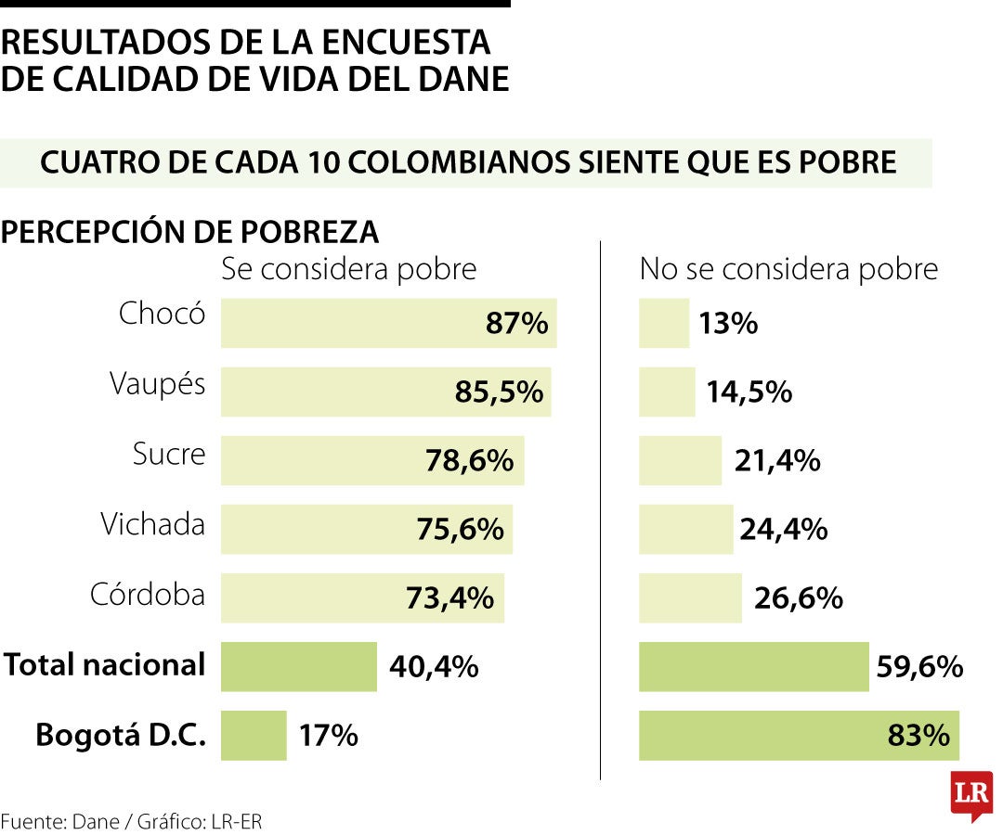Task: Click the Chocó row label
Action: pyautogui.click(x=162, y=314)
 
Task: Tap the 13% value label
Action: pyautogui.click(x=729, y=324)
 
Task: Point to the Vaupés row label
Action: pyautogui.click(x=157, y=383)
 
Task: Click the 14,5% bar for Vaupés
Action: pyautogui.click(x=666, y=392)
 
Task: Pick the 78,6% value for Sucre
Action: pyautogui.click(x=470, y=460)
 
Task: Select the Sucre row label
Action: pyautogui.click(x=168, y=454)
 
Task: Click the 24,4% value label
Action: pyautogui.click(x=783, y=530)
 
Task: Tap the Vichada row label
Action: pyautogui.click(x=152, y=524)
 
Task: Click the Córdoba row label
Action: pyautogui.click(x=147, y=594)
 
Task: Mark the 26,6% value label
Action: pyautogui.click(x=798, y=598)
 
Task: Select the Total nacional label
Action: pyautogui.click(x=104, y=664)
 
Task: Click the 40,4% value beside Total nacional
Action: pyautogui.click(x=434, y=666)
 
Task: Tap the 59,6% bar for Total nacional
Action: pyautogui.click(x=753, y=666)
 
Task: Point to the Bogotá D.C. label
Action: pyautogui.click(x=120, y=735)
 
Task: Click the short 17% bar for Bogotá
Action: pyautogui.click(x=254, y=736)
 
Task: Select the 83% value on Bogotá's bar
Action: pyautogui.click(x=918, y=736)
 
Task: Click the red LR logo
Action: pyautogui.click(x=970, y=794)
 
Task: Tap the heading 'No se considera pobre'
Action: pyautogui.click(x=788, y=269)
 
